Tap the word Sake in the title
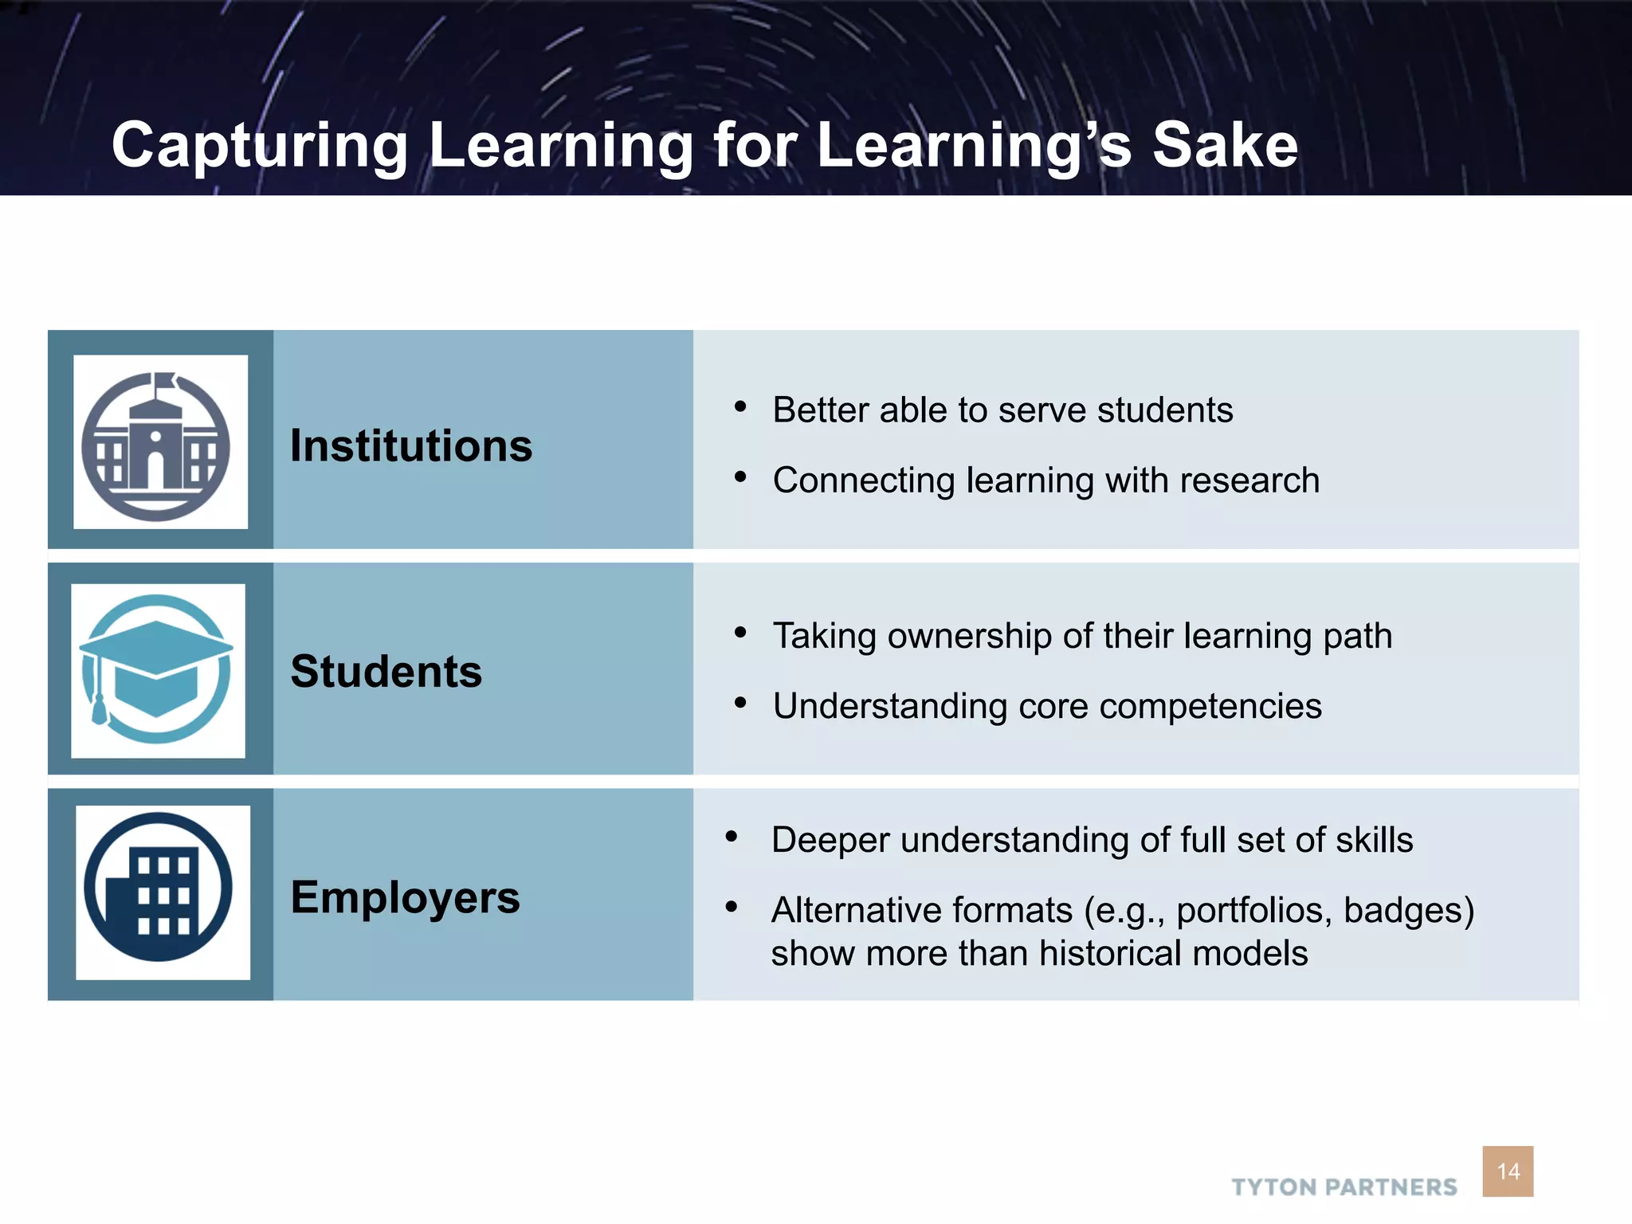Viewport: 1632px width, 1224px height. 1225,146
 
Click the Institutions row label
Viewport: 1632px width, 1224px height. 411,445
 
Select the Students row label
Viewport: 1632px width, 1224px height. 386,671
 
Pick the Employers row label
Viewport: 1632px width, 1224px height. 405,897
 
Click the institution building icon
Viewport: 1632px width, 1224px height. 157,446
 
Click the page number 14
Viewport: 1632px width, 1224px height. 1508,1171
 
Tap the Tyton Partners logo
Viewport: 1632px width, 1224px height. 1344,1187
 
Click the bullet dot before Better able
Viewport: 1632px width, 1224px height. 740,407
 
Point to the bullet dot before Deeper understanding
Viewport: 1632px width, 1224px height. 732,837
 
